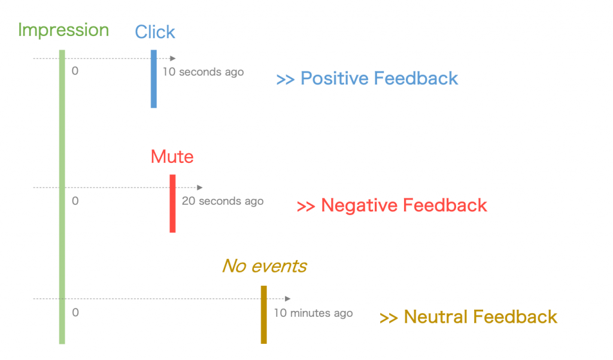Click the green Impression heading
(x=63, y=31)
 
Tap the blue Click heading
(x=155, y=32)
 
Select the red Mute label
(x=172, y=156)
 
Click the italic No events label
(x=265, y=266)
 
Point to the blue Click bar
(x=154, y=78)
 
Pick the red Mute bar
(x=172, y=204)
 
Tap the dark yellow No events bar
(x=264, y=314)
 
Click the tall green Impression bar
(x=62, y=197)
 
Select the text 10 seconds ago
(x=204, y=72)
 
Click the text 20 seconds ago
(x=223, y=201)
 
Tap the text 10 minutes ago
(x=313, y=313)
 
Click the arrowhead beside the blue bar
(x=173, y=58)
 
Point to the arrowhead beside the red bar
(x=200, y=187)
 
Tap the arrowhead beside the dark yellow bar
(x=288, y=298)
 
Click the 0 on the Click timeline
(x=75, y=71)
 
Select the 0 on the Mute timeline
(x=75, y=201)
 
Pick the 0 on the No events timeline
(x=75, y=312)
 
